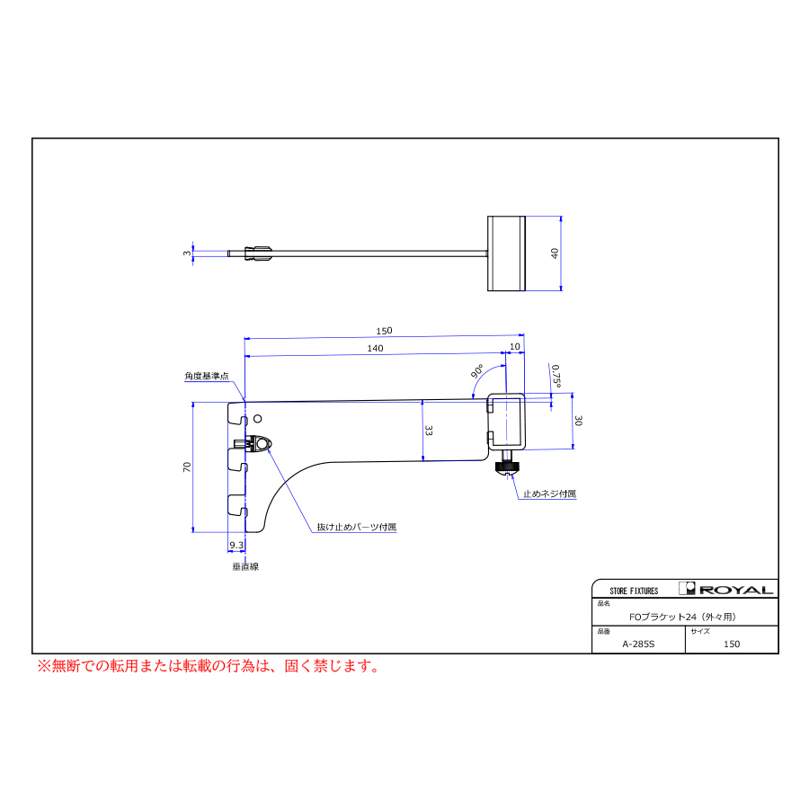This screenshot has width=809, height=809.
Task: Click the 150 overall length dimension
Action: click(384, 331)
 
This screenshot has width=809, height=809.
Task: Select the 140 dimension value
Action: click(375, 348)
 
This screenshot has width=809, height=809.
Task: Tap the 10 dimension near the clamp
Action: click(515, 347)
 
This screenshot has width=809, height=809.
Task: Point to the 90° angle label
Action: click(477, 371)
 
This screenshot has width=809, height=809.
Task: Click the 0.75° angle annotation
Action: click(556, 376)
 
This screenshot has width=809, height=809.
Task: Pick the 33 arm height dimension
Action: click(429, 431)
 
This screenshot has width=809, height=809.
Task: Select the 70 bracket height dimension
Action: click(187, 467)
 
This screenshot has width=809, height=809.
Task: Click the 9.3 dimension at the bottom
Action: click(236, 545)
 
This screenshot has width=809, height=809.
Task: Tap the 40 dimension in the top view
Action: click(555, 253)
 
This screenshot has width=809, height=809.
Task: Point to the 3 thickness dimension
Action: click(187, 253)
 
